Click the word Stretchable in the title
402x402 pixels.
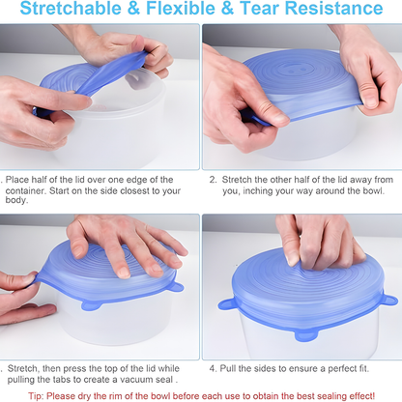point(72,8)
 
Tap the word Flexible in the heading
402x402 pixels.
point(181,8)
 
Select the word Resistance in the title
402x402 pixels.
point(334,8)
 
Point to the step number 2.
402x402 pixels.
point(213,180)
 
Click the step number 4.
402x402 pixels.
point(213,368)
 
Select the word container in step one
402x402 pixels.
point(25,190)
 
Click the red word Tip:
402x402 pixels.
point(36,396)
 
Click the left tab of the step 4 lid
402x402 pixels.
point(226,304)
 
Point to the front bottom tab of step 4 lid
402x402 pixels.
point(306,335)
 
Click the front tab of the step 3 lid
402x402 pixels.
point(92,305)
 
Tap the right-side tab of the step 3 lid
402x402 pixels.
point(176,287)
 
